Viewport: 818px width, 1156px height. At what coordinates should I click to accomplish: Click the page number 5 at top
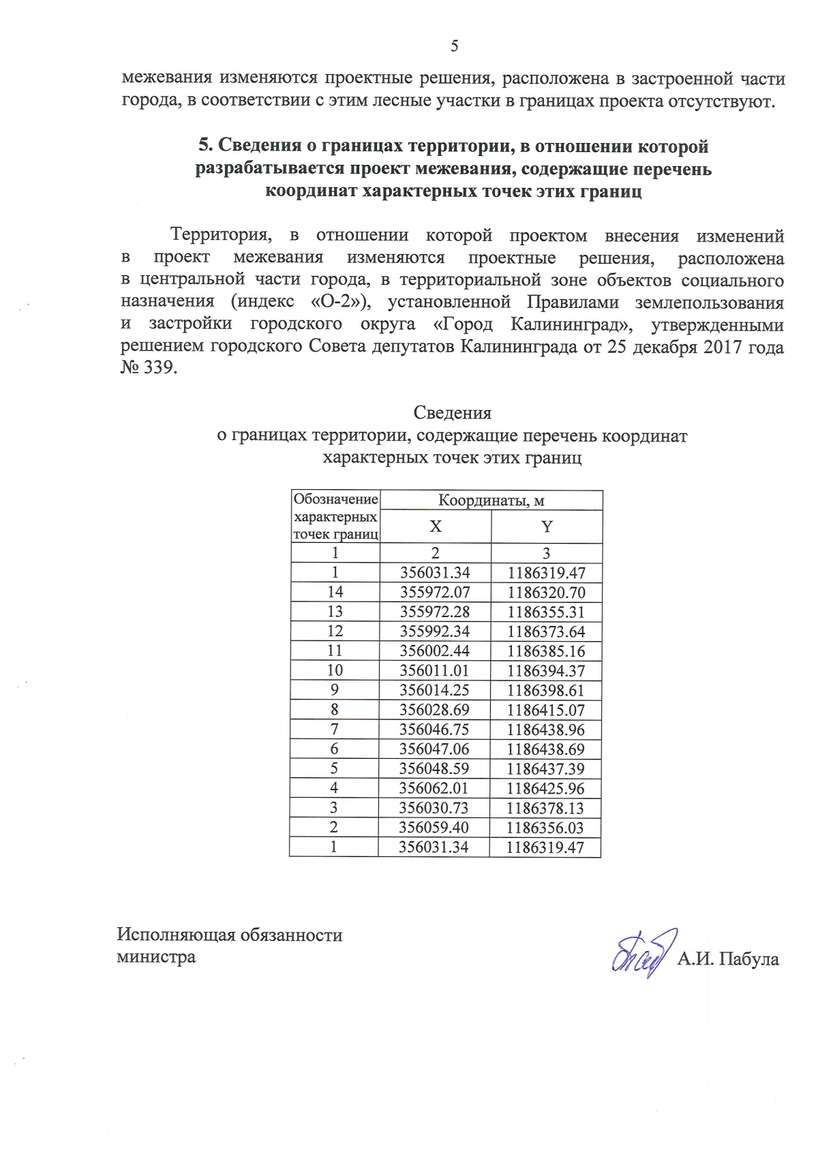(x=455, y=46)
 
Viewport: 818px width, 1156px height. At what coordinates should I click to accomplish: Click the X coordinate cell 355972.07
(x=435, y=593)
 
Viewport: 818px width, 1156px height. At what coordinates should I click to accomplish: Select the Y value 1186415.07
(x=546, y=710)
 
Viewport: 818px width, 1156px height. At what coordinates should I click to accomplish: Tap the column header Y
(x=547, y=527)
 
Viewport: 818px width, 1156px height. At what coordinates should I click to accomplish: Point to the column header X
(x=436, y=527)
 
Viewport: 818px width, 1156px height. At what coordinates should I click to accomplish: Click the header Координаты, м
(x=491, y=501)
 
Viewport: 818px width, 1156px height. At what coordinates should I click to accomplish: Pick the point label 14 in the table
(x=335, y=592)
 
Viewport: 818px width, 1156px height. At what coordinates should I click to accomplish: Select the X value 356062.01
(x=434, y=789)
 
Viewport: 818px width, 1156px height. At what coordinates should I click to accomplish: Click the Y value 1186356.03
(x=545, y=828)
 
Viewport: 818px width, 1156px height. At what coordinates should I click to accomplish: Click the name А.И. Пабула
(x=727, y=960)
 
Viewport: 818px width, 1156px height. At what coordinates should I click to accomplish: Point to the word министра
(x=156, y=957)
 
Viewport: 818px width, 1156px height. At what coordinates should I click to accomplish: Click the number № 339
(x=149, y=369)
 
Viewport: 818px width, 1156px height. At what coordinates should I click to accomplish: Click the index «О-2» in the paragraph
(x=337, y=302)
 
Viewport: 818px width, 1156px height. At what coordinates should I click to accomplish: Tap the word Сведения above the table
(x=452, y=413)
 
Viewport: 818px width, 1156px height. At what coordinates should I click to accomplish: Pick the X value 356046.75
(x=434, y=730)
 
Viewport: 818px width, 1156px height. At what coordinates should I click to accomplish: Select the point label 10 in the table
(x=335, y=671)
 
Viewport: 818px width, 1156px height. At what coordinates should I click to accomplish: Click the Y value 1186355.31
(x=546, y=612)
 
